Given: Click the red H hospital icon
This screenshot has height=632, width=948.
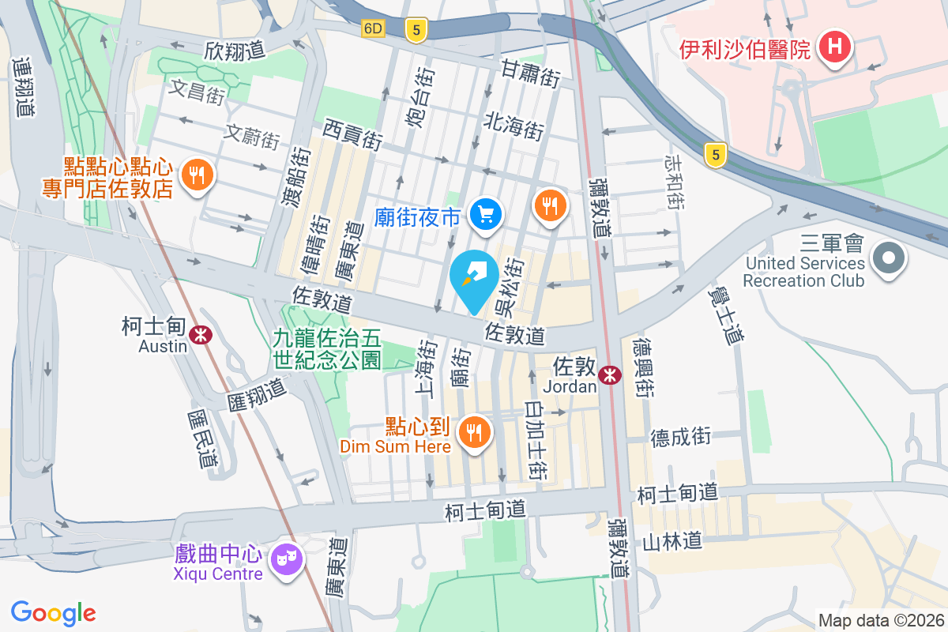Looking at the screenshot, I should click(834, 47).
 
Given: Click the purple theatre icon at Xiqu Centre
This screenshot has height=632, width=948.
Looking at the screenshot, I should click(284, 560).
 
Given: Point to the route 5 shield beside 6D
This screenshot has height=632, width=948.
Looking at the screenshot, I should click(416, 31).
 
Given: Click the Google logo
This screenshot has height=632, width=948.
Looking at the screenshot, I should click(54, 613).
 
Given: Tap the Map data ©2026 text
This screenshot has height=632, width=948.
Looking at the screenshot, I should click(882, 621).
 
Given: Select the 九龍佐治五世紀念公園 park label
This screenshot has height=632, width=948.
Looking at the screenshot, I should click(327, 349).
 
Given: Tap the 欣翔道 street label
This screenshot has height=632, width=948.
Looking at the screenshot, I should click(234, 51).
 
